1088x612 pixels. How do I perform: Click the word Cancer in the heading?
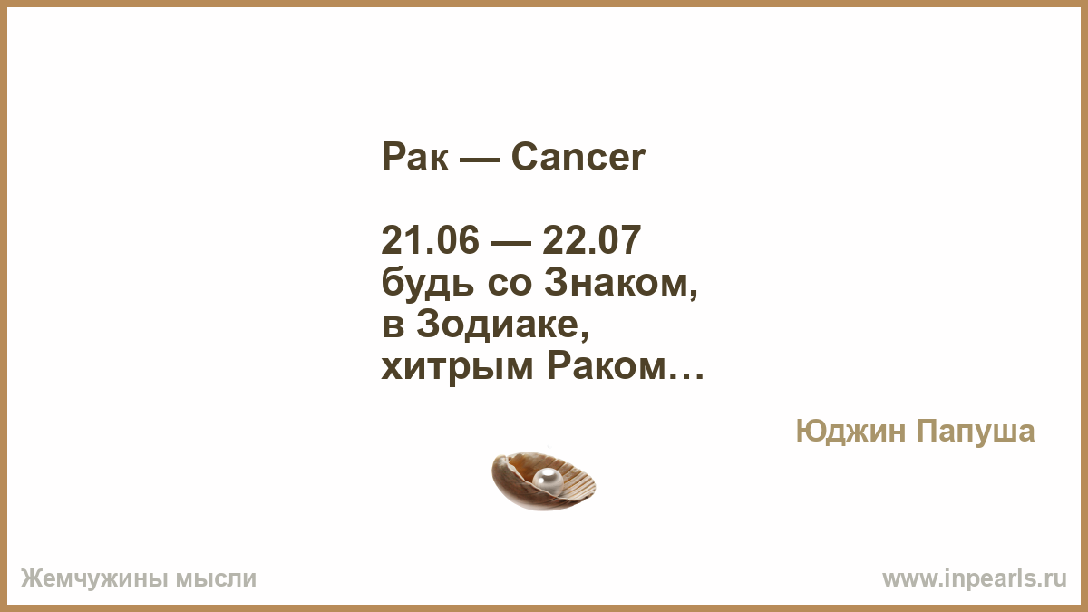578,157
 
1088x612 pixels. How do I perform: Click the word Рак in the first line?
415,157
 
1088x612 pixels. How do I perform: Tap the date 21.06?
430,240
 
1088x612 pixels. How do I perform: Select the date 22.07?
591,240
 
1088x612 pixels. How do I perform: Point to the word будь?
427,283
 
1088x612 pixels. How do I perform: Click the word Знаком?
621,283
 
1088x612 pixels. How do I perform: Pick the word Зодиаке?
502,325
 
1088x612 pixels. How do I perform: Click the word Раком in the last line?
606,366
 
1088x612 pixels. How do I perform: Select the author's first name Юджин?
850,432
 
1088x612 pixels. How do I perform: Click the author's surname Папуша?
976,432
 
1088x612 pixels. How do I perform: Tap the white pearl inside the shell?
548,481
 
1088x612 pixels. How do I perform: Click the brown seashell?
543,481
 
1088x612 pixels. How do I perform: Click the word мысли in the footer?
216,579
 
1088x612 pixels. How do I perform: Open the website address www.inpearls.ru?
975,579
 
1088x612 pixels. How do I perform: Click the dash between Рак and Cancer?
481,160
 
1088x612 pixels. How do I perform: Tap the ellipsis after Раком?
685,376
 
